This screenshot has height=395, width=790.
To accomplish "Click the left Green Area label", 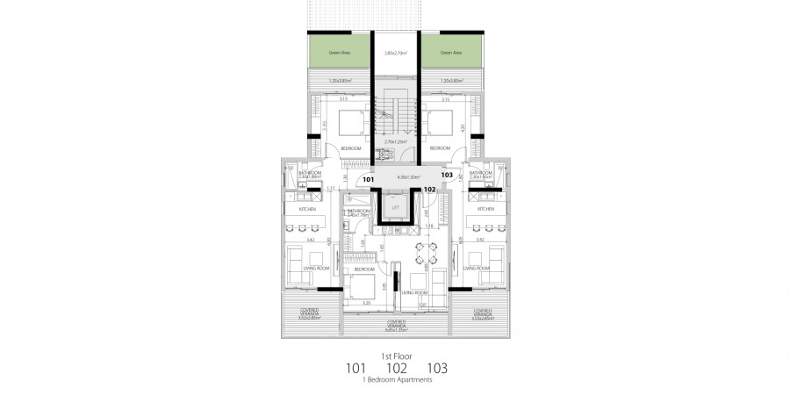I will tap(340, 54).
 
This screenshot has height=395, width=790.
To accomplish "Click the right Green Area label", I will tap(451, 54).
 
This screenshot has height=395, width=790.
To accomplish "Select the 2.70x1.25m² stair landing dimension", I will tap(395, 140).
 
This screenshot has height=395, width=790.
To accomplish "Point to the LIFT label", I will tap(396, 207).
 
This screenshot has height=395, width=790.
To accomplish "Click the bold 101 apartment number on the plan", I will tap(369, 179).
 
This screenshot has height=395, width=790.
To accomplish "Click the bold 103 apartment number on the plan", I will tap(447, 175).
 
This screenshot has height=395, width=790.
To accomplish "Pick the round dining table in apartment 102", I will tap(423, 255).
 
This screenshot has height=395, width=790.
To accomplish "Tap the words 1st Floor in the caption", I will tap(395, 355).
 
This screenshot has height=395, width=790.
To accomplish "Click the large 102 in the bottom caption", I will tap(395, 368).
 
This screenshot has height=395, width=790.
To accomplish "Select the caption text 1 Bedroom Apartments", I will tap(395, 380).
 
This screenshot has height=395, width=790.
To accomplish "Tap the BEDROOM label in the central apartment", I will tap(365, 269).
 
